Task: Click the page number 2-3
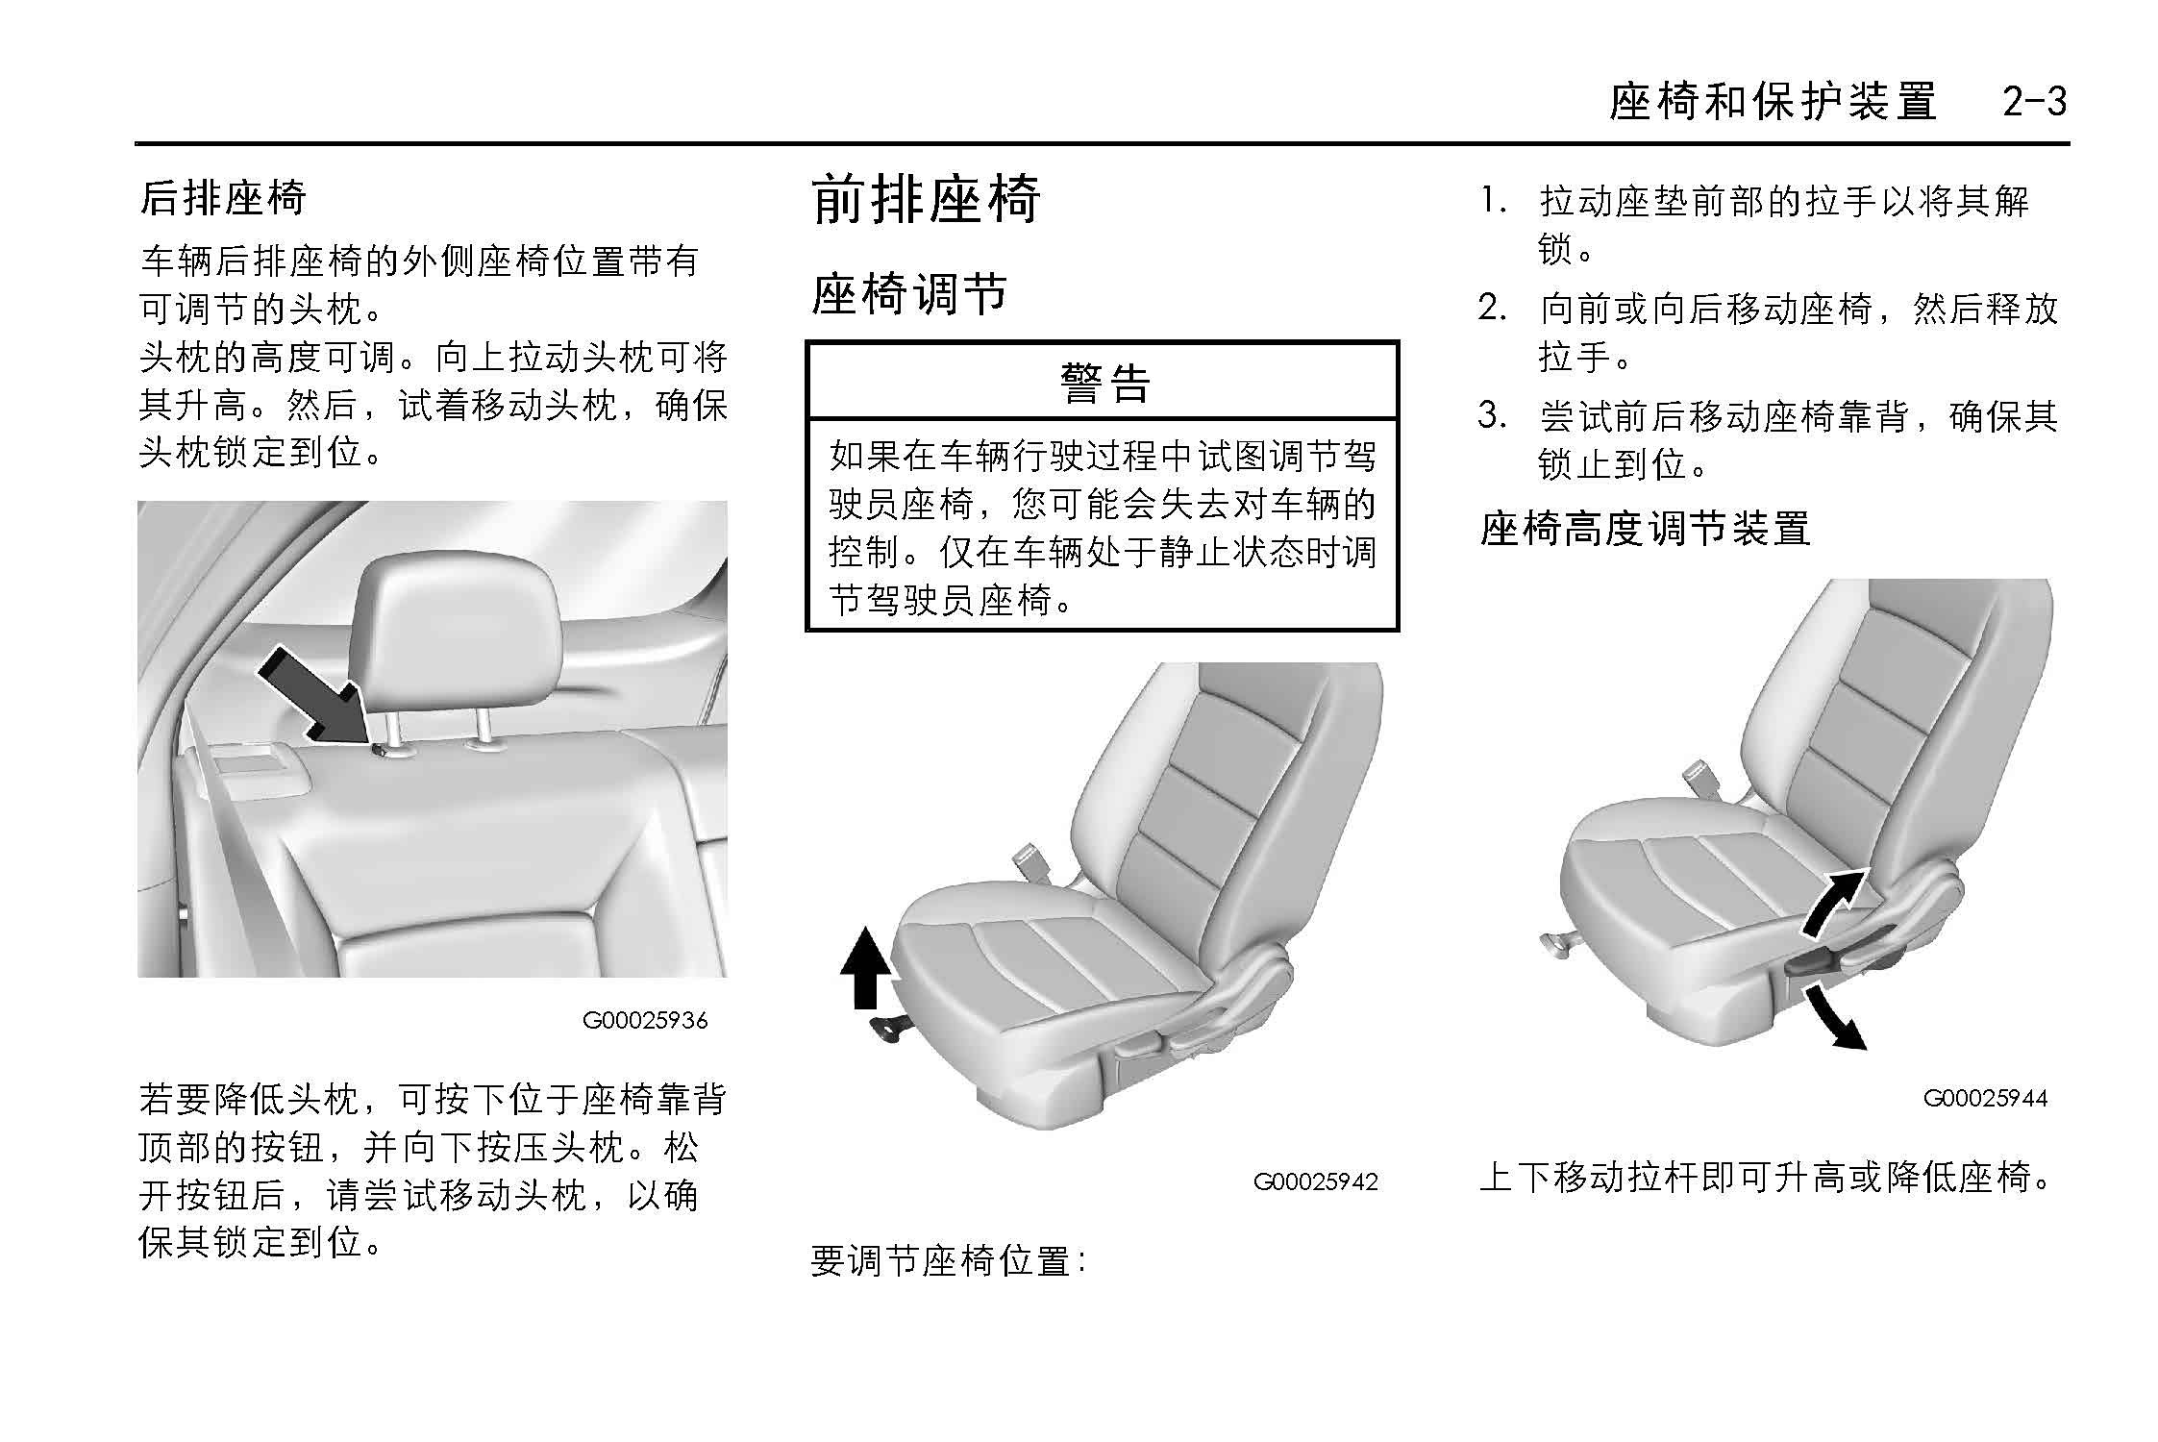click(x=2034, y=102)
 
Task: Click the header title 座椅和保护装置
click(x=1773, y=102)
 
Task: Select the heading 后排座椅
click(x=222, y=198)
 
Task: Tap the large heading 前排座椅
click(x=926, y=199)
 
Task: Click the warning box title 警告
click(x=1104, y=382)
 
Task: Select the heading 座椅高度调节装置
click(x=1645, y=528)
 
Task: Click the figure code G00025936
click(x=645, y=1020)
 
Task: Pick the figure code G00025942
click(x=1315, y=1181)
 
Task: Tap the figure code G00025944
click(x=1985, y=1098)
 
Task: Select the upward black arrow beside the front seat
click(x=865, y=967)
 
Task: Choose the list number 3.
click(x=1491, y=416)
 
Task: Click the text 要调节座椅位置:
click(x=948, y=1260)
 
